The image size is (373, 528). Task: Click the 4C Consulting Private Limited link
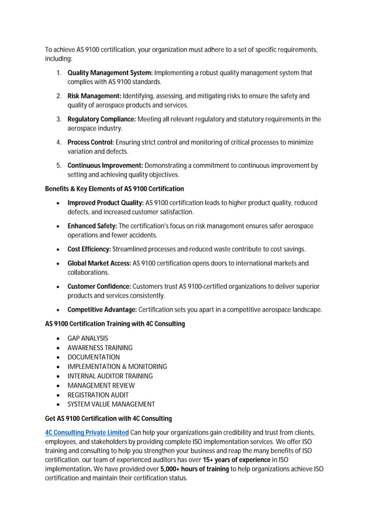tap(87, 432)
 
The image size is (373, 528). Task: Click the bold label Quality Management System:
tap(110, 73)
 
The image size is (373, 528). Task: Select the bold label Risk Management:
tap(94, 96)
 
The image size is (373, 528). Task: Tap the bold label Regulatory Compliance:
tap(102, 119)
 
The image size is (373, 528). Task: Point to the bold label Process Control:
tap(91, 142)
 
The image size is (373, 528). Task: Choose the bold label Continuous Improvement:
tap(105, 165)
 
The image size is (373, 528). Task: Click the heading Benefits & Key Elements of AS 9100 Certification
tap(115, 189)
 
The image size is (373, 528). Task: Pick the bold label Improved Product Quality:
tap(106, 203)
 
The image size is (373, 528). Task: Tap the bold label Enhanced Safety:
tap(92, 226)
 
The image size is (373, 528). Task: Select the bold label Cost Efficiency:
tap(89, 249)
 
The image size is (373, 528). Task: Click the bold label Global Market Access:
tap(99, 263)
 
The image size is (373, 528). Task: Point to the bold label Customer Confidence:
tap(99, 287)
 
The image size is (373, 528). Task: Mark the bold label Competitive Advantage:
tap(102, 309)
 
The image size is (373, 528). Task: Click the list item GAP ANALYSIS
tap(88, 339)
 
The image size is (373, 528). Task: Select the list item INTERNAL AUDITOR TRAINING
tap(110, 376)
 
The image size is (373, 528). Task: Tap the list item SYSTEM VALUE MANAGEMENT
tap(111, 404)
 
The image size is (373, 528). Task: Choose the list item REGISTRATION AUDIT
tap(98, 395)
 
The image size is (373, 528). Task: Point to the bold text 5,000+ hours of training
tap(195, 469)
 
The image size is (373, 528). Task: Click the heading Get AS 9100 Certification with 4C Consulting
tap(109, 419)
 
